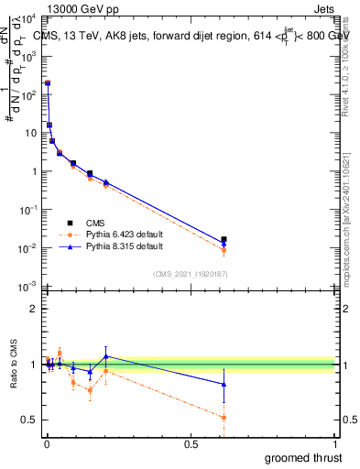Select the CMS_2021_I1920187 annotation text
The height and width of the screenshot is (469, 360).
(x=190, y=275)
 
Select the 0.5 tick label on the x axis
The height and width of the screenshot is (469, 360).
(x=191, y=444)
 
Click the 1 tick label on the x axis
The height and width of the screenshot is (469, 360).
(x=335, y=444)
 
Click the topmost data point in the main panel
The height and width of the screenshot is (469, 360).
(x=48, y=83)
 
